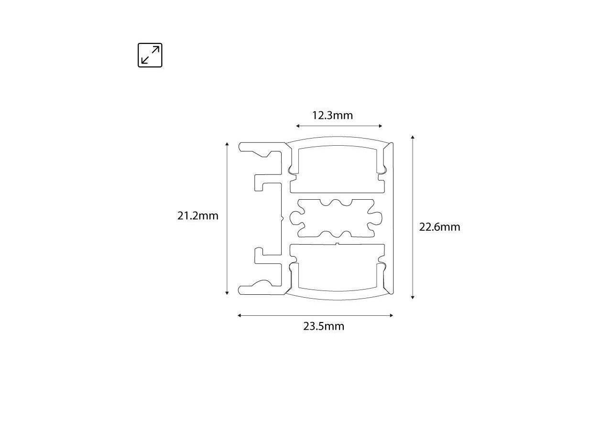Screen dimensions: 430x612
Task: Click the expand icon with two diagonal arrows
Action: point(150,55)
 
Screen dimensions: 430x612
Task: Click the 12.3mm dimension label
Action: point(332,115)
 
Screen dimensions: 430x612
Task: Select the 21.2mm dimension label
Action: point(198,215)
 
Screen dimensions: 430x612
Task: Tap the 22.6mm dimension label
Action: point(439,227)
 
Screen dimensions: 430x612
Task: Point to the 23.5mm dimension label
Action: point(324,326)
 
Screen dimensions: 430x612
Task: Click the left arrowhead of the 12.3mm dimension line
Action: point(297,126)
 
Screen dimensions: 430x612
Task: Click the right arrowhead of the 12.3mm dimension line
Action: point(381,126)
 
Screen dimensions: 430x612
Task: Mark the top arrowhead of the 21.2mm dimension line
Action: point(227,144)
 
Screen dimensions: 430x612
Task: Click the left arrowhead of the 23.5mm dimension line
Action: point(240,315)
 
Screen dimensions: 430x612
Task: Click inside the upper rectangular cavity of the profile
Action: point(338,170)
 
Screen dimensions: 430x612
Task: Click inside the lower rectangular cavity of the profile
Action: point(338,268)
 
